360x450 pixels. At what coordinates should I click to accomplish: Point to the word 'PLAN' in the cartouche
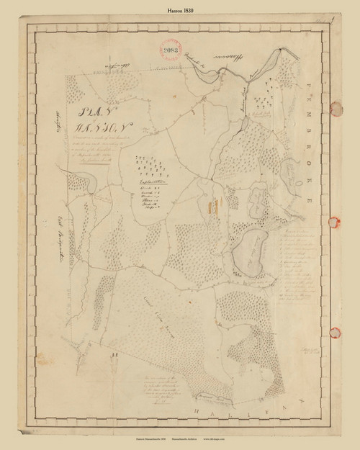[88, 114]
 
